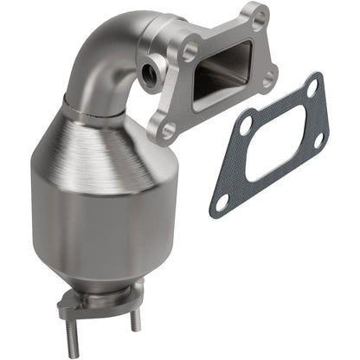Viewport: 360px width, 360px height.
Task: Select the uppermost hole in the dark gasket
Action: (x=312, y=87)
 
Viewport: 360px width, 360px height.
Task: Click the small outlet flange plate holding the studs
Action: (x=87, y=304)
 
